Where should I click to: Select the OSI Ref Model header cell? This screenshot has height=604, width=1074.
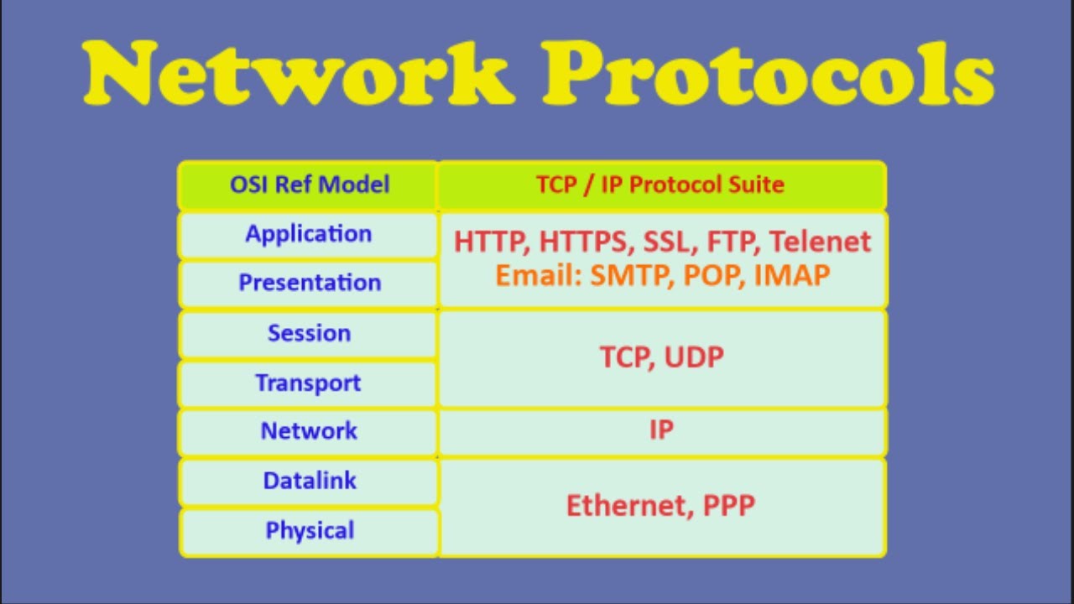click(309, 185)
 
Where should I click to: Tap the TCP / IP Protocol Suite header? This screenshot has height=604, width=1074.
click(660, 185)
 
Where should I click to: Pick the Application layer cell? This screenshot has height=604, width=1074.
click(309, 234)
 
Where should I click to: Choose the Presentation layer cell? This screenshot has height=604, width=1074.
click(309, 283)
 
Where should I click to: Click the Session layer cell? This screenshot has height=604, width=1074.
click(309, 333)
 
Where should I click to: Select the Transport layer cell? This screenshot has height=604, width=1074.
click(309, 383)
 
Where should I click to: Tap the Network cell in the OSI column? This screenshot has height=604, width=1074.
click(309, 431)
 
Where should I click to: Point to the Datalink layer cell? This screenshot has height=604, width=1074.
click(309, 481)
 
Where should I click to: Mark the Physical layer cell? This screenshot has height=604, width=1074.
click(309, 531)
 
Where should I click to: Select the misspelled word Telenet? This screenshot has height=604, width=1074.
click(820, 242)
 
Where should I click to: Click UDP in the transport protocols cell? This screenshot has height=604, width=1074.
click(693, 357)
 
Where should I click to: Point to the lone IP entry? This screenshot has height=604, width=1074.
click(661, 430)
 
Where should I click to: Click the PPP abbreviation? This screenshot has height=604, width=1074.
click(727, 506)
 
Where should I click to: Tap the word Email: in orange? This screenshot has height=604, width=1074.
click(538, 275)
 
